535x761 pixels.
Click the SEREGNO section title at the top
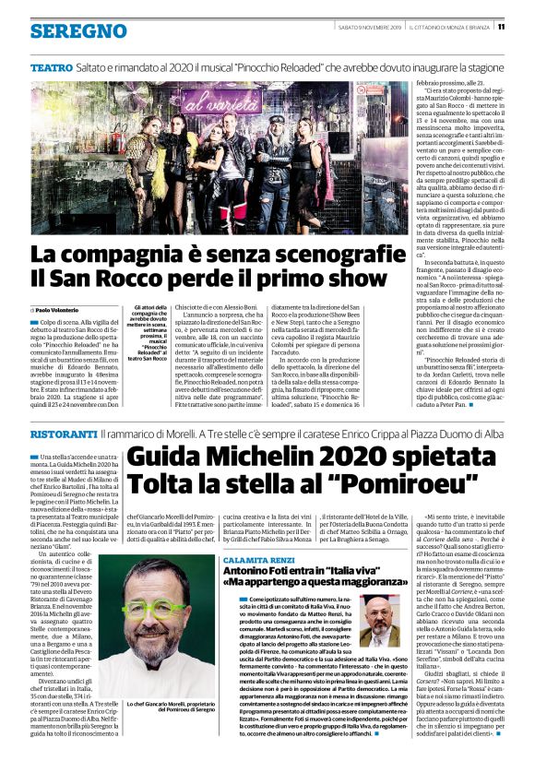pos(78,31)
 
